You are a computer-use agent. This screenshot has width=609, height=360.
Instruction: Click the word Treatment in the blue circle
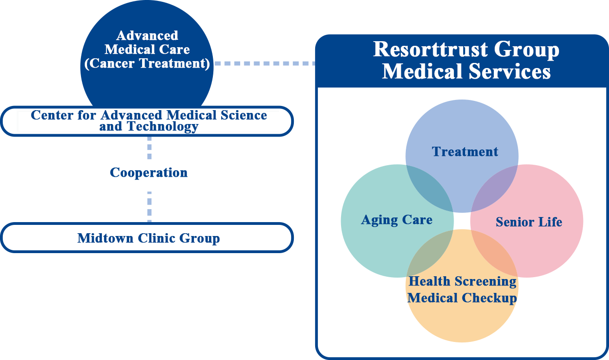click(x=465, y=152)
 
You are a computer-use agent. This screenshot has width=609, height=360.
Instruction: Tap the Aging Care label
click(x=397, y=220)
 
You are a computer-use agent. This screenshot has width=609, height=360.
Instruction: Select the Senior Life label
click(x=528, y=222)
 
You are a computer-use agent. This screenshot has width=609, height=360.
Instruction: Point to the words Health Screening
click(x=462, y=281)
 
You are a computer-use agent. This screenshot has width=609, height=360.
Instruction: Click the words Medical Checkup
click(x=462, y=298)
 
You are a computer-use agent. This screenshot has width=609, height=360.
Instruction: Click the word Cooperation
click(x=149, y=173)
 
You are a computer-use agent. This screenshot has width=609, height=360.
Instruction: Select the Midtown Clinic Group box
click(x=148, y=238)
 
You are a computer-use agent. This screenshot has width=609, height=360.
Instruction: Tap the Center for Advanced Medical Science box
click(x=148, y=121)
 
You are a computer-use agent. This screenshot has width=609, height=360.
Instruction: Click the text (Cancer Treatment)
click(x=147, y=63)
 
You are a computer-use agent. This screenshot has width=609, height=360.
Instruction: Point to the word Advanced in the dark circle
click(x=147, y=36)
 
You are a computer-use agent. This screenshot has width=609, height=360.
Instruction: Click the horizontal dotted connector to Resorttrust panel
click(x=264, y=63)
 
